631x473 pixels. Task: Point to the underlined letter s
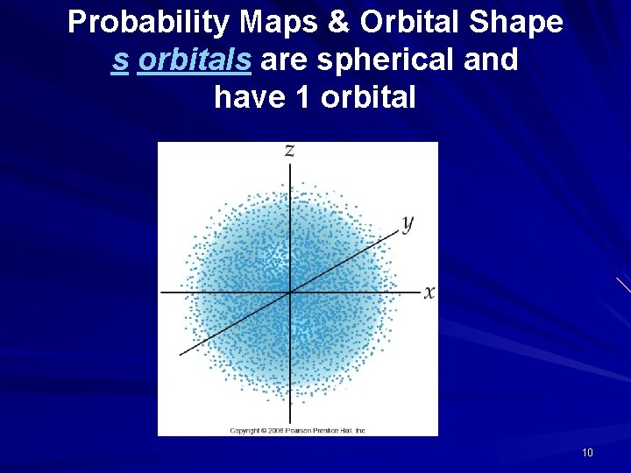pyautogui.click(x=120, y=60)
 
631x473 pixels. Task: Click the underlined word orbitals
pyautogui.click(x=195, y=60)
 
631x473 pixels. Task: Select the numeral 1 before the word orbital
pyautogui.click(x=304, y=97)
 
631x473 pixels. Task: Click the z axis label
pyautogui.click(x=289, y=151)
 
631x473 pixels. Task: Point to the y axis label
pyautogui.click(x=408, y=222)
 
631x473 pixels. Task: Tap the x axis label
pyautogui.click(x=429, y=293)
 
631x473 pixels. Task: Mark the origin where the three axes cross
pyautogui.click(x=290, y=292)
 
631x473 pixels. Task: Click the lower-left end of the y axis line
pyautogui.click(x=181, y=354)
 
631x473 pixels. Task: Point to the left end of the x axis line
pyautogui.click(x=161, y=293)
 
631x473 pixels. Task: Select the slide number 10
pyautogui.click(x=587, y=453)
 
